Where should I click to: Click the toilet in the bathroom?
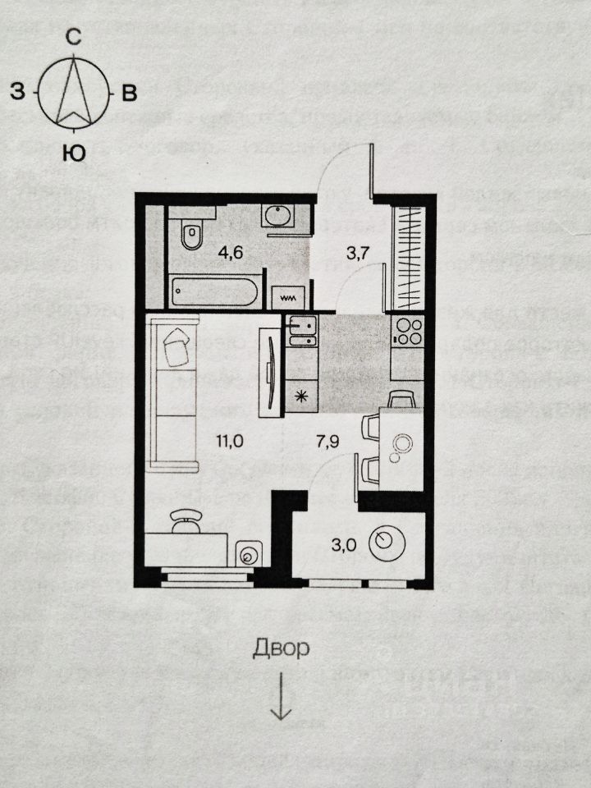(190, 236)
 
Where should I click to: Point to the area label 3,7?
(358, 253)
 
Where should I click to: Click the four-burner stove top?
(407, 332)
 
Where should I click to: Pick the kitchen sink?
(301, 332)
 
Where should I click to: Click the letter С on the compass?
(74, 36)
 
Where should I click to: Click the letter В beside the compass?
(129, 93)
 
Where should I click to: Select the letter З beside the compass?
(17, 91)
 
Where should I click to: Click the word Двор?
(281, 649)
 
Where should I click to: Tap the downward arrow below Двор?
(282, 698)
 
